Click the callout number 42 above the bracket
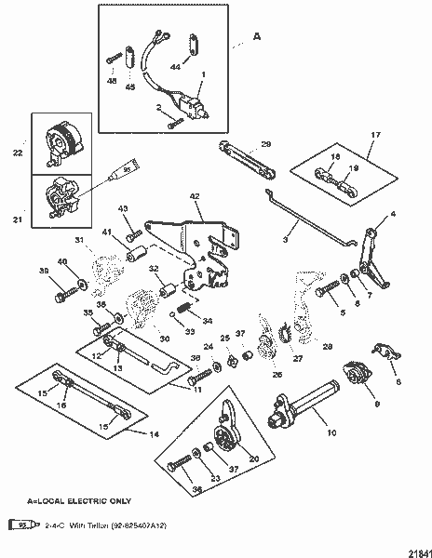point(195,196)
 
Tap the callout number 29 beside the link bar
point(265,144)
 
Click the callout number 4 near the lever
point(392,214)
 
